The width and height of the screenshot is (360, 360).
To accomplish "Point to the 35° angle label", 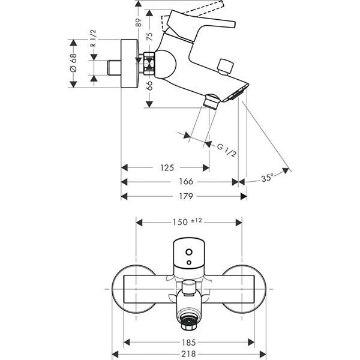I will coord(268,178).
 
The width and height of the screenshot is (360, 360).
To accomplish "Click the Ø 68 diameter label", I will coord(73,63).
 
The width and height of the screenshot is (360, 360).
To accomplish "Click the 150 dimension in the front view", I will coord(179,222).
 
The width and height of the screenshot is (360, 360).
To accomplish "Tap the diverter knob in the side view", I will coord(226,65).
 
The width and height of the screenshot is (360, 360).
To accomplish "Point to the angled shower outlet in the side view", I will coord(210,101).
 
